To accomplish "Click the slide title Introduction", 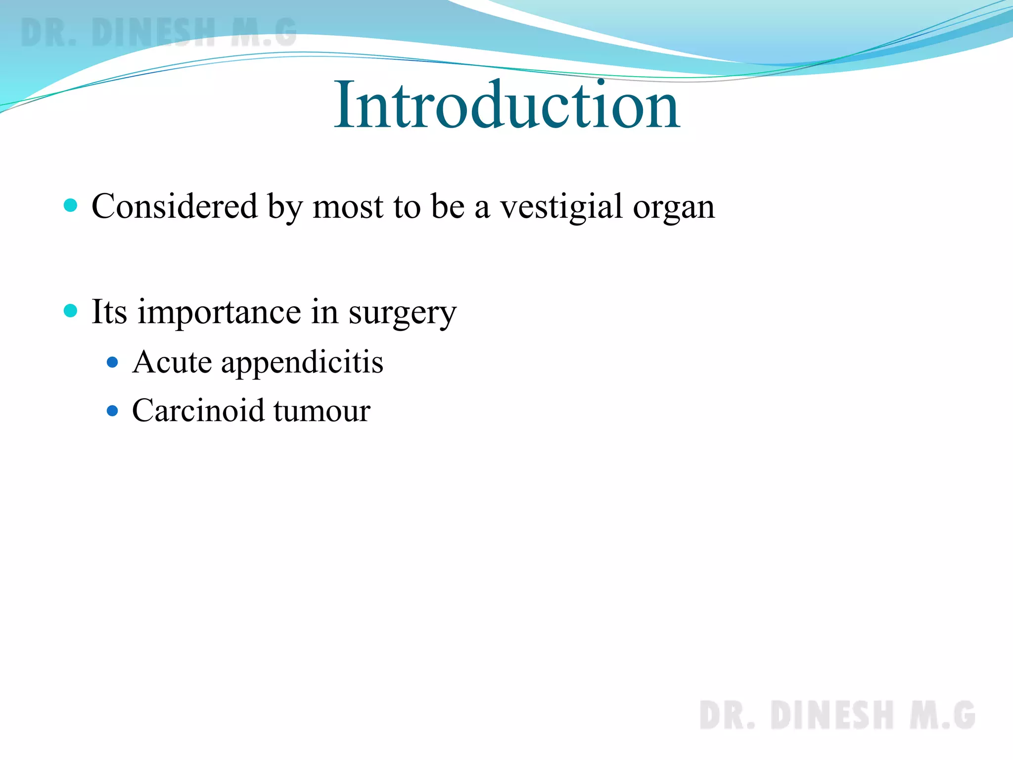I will click(x=507, y=105).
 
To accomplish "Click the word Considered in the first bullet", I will click(x=175, y=206).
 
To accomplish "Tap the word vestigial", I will click(x=561, y=207).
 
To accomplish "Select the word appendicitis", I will click(x=302, y=363).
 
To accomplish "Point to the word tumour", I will click(x=322, y=411).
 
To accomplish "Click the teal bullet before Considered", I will click(x=71, y=205).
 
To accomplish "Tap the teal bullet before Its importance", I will click(x=71, y=311).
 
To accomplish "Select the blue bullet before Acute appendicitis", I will click(x=113, y=363).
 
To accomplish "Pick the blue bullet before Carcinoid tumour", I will click(x=113, y=411).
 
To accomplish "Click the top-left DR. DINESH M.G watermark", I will click(x=158, y=33).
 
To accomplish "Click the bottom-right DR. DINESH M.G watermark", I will click(x=837, y=715).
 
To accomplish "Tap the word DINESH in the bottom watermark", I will click(x=832, y=715).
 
